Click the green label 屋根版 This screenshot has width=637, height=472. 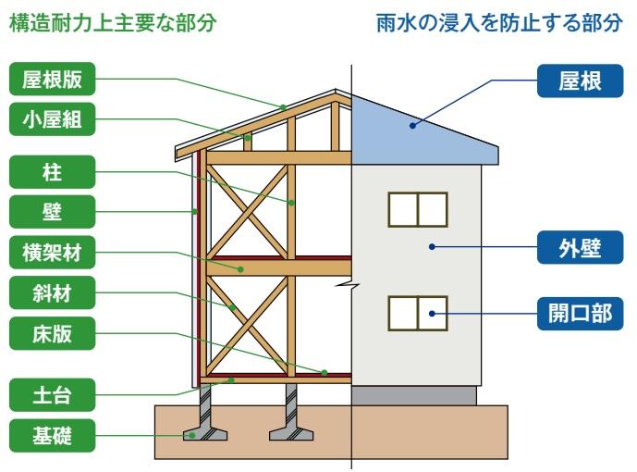[53, 81]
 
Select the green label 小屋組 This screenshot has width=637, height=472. [53, 118]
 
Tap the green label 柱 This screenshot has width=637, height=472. [53, 170]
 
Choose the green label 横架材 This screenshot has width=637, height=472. [53, 252]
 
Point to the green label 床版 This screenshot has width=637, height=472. [53, 334]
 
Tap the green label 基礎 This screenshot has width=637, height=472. [53, 434]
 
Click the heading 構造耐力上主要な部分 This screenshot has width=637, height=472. [112, 24]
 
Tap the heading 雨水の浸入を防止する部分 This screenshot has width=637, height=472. [499, 24]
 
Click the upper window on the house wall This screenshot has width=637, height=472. [417, 209]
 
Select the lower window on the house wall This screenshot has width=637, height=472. [417, 314]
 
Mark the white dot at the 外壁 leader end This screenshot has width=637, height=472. [432, 246]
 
